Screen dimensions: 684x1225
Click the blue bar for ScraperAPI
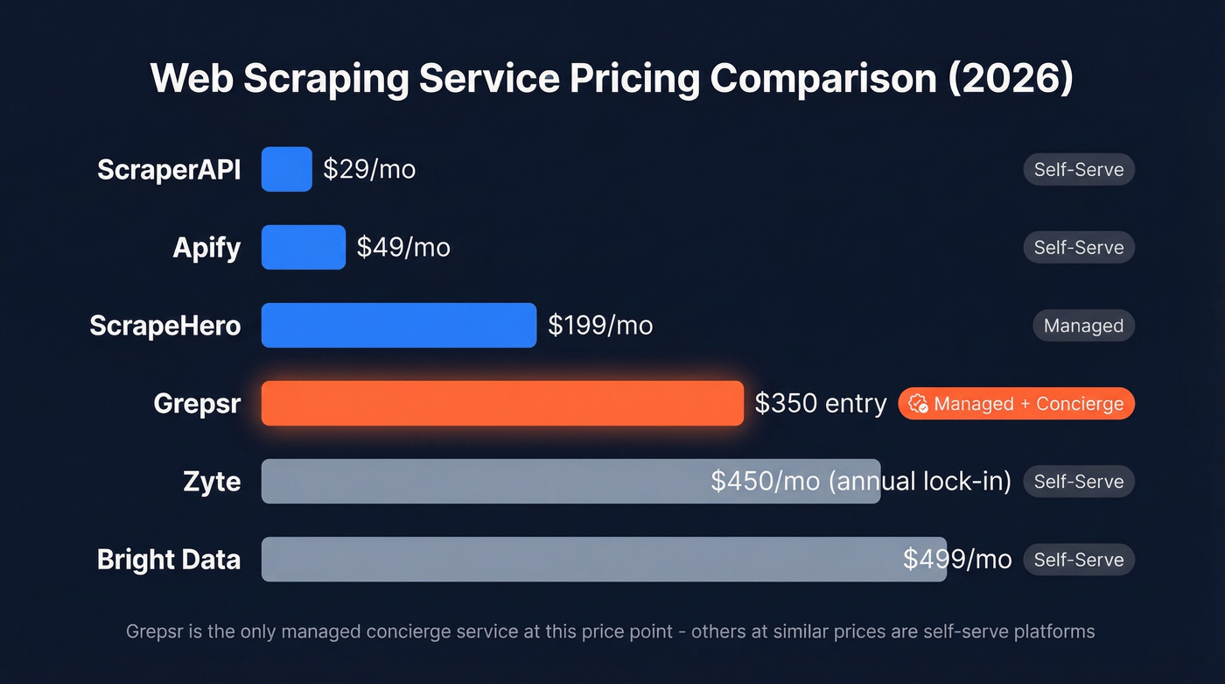tap(286, 169)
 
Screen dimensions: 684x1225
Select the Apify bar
tap(303, 247)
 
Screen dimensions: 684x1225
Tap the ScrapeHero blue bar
tap(398, 325)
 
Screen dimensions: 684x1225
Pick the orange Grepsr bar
tap(502, 403)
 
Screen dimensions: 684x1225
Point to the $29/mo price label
tap(369, 169)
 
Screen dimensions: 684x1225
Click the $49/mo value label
tap(403, 247)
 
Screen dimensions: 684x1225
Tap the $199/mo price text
tap(600, 325)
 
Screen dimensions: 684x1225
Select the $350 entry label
tap(821, 403)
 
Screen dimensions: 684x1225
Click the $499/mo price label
tap(957, 559)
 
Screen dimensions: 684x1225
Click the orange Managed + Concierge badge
tap(1017, 404)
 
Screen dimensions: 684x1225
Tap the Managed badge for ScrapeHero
tap(1083, 326)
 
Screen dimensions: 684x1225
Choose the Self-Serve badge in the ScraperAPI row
tap(1079, 169)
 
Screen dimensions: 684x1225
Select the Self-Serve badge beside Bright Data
tap(1079, 560)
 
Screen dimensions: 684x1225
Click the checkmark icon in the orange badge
tap(918, 404)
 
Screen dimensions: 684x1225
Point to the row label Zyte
tap(213, 482)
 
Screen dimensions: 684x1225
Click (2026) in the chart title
tap(1011, 79)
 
